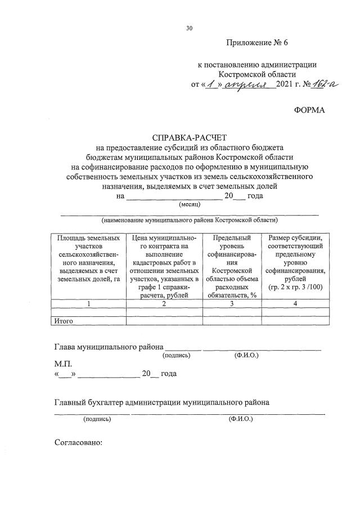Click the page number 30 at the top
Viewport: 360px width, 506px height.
pyautogui.click(x=190, y=28)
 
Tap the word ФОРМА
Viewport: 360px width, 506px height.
pyautogui.click(x=309, y=110)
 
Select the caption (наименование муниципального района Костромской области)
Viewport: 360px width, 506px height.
pyautogui.click(x=190, y=220)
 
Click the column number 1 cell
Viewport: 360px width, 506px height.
pyautogui.click(x=88, y=303)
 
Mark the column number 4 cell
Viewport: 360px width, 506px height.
pyautogui.click(x=295, y=303)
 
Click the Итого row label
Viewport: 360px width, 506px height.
pyautogui.click(x=64, y=321)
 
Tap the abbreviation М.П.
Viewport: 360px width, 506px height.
pyautogui.click(x=64, y=364)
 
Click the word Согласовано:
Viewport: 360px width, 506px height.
pyautogui.click(x=78, y=442)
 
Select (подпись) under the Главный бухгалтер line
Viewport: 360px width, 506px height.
pyautogui.click(x=97, y=419)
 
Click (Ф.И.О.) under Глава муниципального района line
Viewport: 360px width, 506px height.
pyautogui.click(x=246, y=356)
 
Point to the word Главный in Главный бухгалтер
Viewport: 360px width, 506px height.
pyautogui.click(x=70, y=402)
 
